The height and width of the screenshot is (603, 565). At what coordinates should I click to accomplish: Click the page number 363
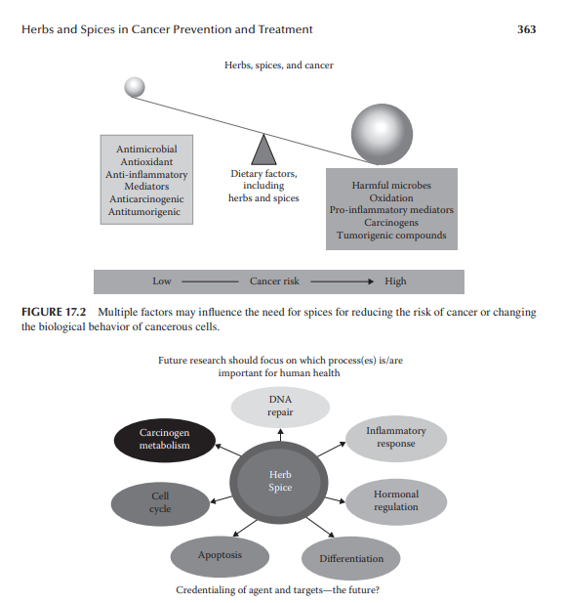tap(526, 29)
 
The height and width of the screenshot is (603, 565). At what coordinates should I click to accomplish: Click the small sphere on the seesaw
tap(135, 87)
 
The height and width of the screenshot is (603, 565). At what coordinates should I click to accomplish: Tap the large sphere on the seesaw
tap(382, 134)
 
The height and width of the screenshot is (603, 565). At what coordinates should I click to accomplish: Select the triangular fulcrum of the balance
tap(263, 150)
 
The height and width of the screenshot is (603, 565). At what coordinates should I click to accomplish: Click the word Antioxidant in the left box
tap(146, 162)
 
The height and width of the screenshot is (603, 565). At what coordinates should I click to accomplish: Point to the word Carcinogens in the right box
tap(391, 223)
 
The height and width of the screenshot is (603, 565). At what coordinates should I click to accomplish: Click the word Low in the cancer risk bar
tap(162, 281)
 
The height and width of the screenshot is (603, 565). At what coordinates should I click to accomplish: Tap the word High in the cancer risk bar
tap(395, 281)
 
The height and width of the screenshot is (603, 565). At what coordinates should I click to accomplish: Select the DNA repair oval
tap(280, 407)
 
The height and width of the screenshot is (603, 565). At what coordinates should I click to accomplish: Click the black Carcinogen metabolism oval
tap(164, 440)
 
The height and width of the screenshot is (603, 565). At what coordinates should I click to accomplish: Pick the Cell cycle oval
tap(160, 503)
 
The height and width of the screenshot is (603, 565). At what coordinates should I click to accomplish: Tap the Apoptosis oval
tap(220, 556)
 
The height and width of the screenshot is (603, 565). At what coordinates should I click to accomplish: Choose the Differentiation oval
tap(351, 558)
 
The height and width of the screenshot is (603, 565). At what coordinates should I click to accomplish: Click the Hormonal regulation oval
tap(396, 500)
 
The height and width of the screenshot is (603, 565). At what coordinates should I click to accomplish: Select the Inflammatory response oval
tap(396, 438)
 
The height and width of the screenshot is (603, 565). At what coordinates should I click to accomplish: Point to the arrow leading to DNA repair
tap(280, 435)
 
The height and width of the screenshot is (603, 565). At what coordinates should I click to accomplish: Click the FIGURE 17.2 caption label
tap(54, 312)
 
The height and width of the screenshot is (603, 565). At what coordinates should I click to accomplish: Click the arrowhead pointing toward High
tap(371, 281)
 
